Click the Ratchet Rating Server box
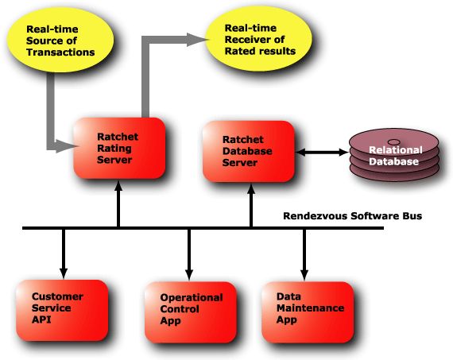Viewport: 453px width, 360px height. click(119, 148)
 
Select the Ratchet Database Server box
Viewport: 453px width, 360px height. click(249, 151)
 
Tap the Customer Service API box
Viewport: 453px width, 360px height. click(62, 310)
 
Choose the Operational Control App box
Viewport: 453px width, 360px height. click(191, 312)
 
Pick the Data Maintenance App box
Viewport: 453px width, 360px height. click(308, 312)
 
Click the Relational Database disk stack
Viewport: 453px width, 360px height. click(394, 155)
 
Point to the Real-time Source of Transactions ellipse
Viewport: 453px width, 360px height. click(60, 40)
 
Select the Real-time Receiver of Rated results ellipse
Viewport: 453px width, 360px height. click(258, 39)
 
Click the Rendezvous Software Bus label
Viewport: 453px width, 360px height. click(352, 216)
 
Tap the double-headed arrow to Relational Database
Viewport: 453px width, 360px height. click(322, 153)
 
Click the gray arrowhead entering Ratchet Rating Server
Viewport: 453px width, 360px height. click(67, 146)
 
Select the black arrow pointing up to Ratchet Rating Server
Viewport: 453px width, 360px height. click(118, 204)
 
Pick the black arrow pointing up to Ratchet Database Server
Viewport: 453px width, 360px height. click(251, 205)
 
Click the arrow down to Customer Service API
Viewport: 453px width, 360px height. click(64, 254)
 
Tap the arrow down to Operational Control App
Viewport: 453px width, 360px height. click(189, 255)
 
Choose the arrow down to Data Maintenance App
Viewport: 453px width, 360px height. click(304, 255)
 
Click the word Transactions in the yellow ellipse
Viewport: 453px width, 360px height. click(60, 52)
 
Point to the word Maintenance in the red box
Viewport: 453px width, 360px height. click(310, 308)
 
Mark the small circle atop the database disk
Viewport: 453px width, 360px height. click(393, 142)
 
